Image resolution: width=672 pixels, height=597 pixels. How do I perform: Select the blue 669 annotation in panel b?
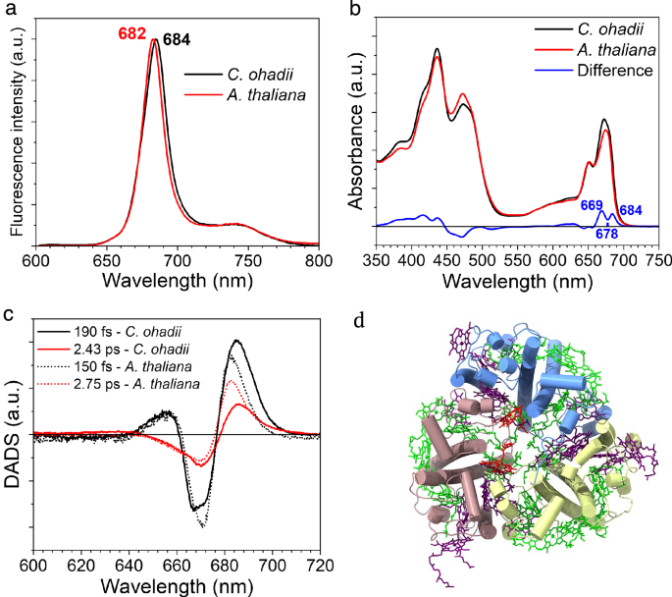pos(591,204)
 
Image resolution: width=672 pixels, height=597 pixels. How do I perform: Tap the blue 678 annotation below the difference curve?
pos(607,234)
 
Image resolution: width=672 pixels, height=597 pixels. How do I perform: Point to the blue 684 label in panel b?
pos(632,210)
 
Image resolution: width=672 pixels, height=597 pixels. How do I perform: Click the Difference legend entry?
pos(615,71)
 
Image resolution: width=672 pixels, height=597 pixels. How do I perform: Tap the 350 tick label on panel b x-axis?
pos(357,260)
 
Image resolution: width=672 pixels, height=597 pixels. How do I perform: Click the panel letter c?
pos(9,315)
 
